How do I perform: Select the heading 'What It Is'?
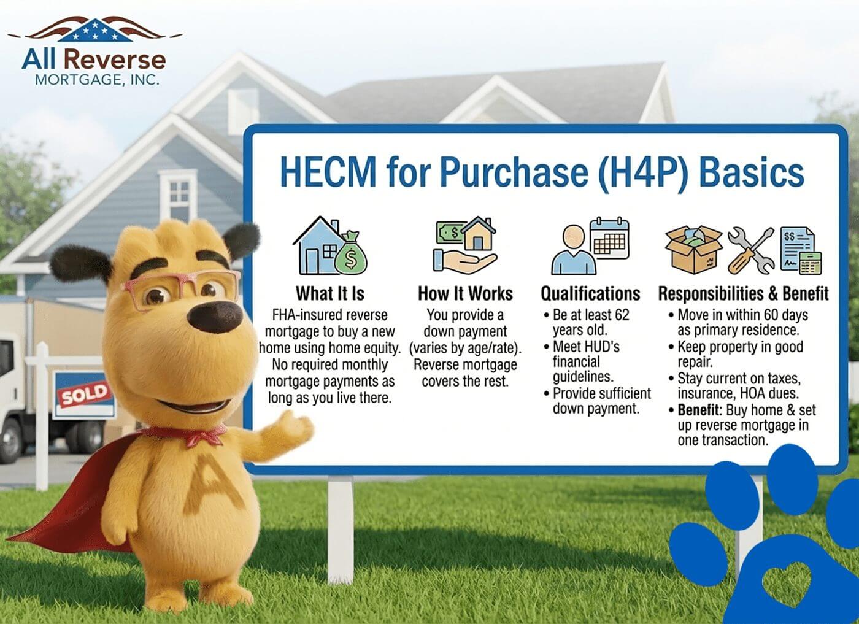[330, 293]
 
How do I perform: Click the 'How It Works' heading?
[465, 293]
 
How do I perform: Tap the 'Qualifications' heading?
[590, 294]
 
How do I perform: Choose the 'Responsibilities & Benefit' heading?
[743, 294]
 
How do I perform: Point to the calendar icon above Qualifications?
[609, 237]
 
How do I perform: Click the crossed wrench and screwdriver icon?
[750, 250]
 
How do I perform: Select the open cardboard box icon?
[693, 248]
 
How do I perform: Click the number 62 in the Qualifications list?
[622, 315]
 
